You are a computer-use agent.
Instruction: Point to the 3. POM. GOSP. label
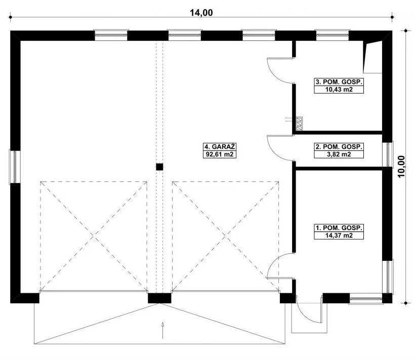point(340,81)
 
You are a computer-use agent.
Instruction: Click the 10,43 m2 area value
point(340,90)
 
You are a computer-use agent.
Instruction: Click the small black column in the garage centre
point(159,166)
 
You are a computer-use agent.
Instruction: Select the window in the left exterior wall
point(14,166)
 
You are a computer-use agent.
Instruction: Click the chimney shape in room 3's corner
point(372,57)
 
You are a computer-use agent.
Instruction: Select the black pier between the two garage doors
point(160,298)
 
